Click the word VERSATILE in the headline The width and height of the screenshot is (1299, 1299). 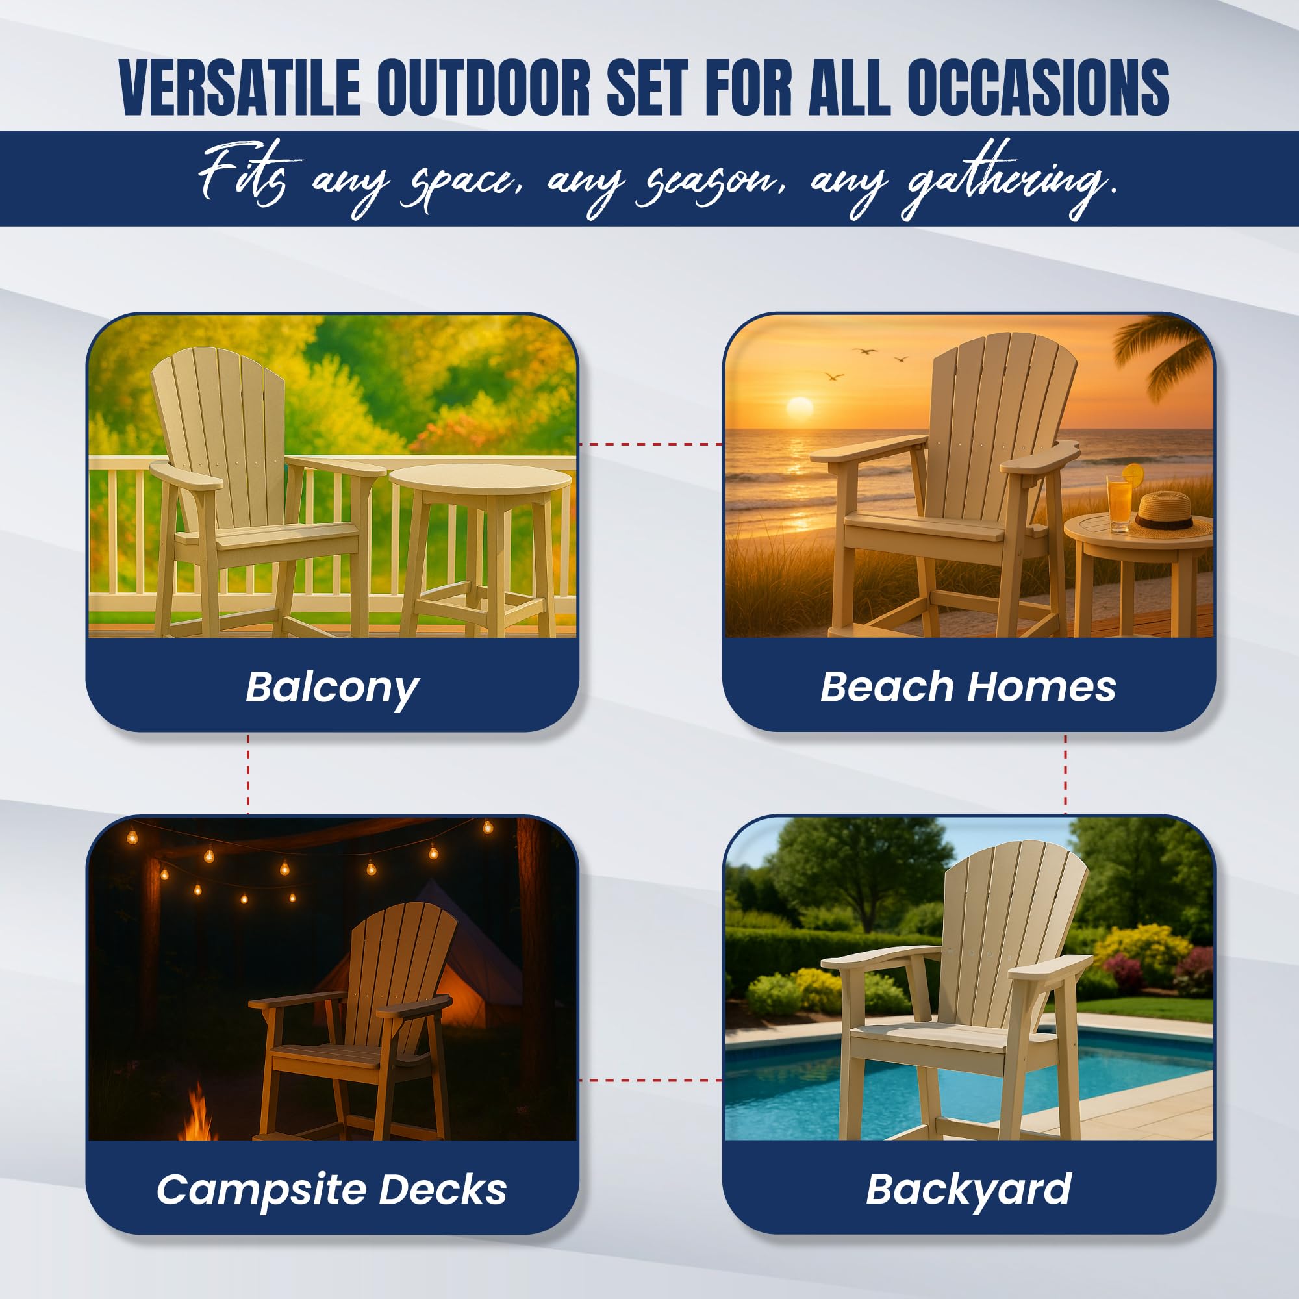240,88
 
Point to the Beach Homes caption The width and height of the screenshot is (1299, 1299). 968,687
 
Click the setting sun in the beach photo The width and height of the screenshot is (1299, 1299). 800,407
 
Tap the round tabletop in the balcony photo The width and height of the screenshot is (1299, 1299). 480,479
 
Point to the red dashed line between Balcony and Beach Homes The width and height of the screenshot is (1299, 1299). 651,444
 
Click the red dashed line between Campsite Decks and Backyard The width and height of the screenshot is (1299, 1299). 651,1081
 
